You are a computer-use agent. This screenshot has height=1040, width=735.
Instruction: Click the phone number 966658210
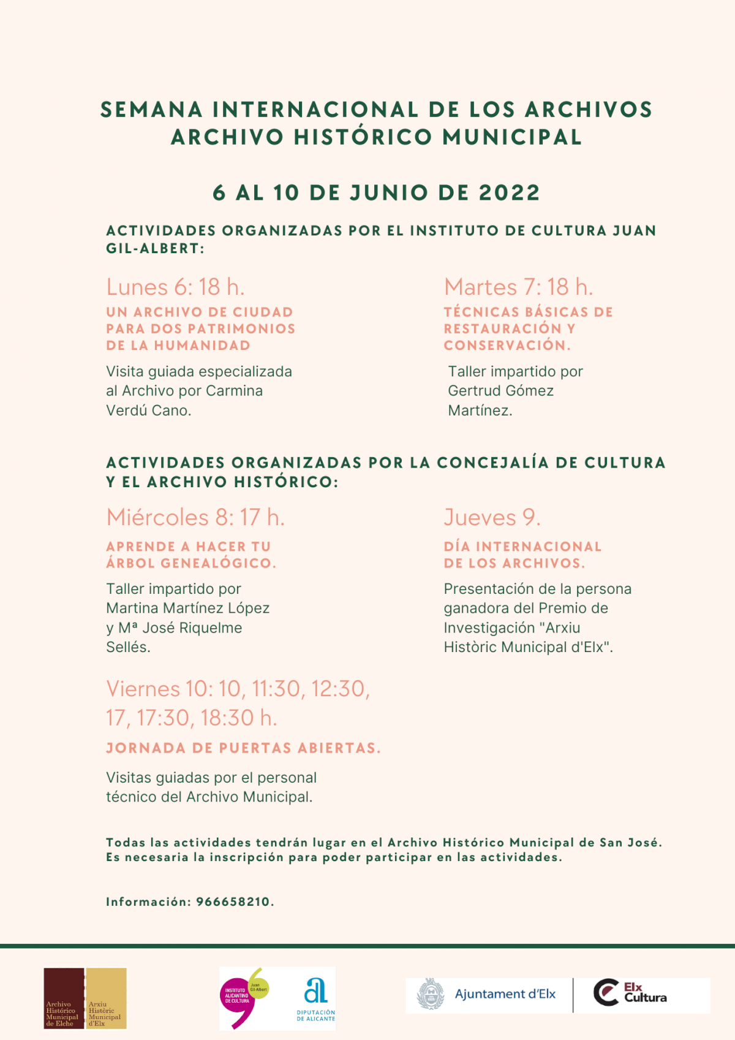click(233, 902)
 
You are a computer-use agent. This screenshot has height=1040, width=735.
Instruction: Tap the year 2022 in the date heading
click(509, 193)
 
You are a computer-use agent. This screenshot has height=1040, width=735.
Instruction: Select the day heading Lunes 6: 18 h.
click(175, 287)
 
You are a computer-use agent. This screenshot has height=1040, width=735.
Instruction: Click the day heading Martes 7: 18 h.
click(518, 287)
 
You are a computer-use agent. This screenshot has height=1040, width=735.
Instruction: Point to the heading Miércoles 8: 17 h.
click(195, 518)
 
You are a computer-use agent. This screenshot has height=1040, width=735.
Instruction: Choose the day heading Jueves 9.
click(492, 518)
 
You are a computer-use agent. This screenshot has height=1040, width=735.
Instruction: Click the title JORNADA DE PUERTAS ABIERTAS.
click(243, 748)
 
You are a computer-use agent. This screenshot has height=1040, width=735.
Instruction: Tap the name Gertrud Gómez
click(500, 391)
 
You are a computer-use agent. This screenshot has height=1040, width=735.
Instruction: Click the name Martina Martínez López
click(187, 609)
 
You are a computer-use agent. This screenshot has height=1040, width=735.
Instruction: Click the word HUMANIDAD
click(202, 346)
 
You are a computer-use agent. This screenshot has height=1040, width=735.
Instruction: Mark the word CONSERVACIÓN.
click(506, 346)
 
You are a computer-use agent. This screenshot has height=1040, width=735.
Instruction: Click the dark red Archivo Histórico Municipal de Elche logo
click(64, 998)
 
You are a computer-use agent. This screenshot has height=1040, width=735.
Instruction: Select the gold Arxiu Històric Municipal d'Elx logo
click(106, 998)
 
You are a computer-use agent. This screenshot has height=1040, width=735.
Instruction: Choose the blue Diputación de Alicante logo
click(315, 998)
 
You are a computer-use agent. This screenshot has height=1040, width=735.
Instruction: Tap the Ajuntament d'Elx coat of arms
click(431, 994)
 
